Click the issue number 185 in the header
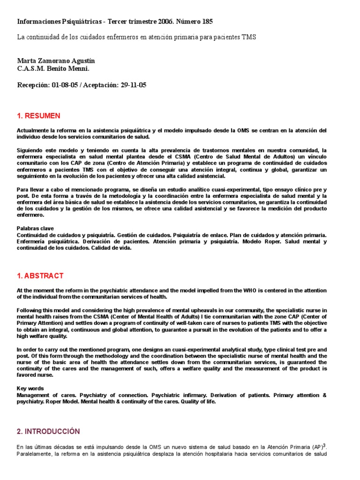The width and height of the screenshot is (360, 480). [206, 22]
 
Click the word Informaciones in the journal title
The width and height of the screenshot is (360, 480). [38, 22]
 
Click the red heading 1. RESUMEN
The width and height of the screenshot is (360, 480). [38, 116]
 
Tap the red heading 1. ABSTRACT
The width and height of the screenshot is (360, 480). [40, 276]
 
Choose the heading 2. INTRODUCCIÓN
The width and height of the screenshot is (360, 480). [48, 431]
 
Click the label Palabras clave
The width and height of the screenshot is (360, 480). [35, 228]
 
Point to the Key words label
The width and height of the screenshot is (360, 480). [30, 389]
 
